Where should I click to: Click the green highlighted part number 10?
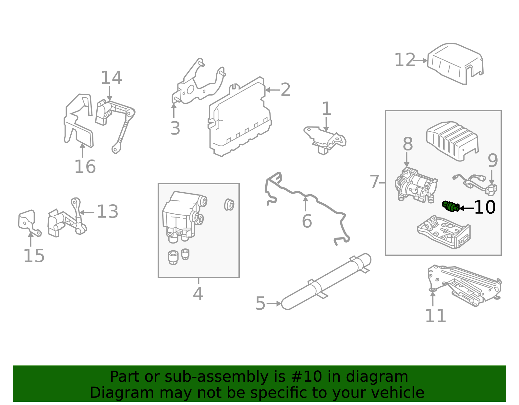(451, 206)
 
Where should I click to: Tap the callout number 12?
(404, 60)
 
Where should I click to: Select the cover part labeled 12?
(454, 63)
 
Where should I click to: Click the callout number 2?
(285, 90)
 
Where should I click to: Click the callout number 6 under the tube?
(307, 221)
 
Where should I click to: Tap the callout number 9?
(492, 161)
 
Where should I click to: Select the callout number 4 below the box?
(198, 294)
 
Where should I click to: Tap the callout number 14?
(111, 78)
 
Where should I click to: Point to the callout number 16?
(85, 167)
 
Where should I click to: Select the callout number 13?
(107, 212)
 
